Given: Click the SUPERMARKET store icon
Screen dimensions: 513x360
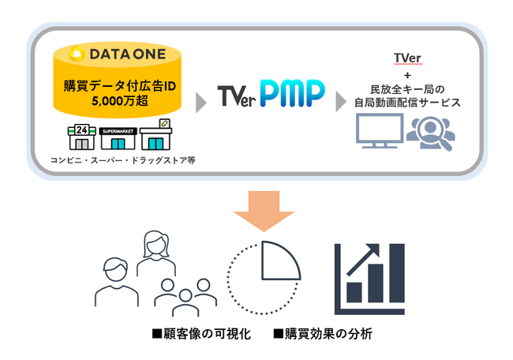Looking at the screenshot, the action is pos(118,138).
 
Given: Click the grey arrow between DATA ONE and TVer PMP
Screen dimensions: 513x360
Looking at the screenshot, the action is pos(202,99).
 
